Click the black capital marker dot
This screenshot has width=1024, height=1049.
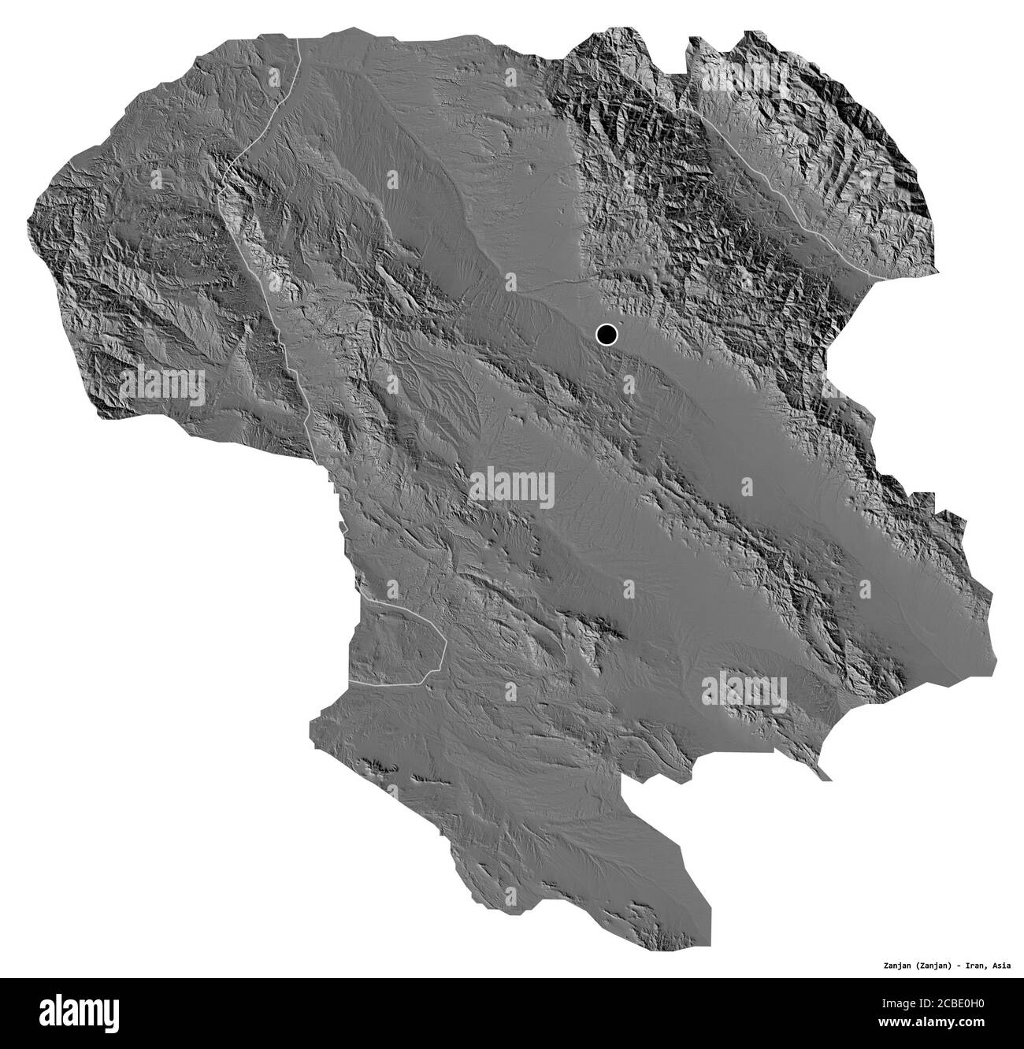coord(606,335)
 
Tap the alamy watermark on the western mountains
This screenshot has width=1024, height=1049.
coord(162,386)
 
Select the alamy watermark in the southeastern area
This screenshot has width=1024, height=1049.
coord(744,690)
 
